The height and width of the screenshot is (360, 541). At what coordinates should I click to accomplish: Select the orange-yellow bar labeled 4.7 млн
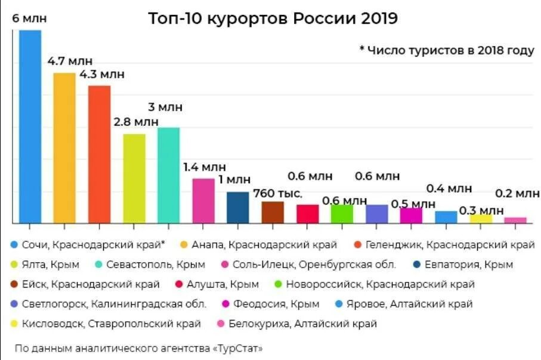[x=64, y=147]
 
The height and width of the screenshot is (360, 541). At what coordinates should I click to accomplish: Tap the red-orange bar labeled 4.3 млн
[x=99, y=154]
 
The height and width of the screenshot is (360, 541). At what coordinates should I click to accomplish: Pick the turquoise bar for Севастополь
[x=168, y=175]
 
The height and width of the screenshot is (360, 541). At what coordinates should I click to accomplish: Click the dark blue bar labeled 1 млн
[x=237, y=207]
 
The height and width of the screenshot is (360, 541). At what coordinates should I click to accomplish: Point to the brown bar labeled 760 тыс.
[x=273, y=212]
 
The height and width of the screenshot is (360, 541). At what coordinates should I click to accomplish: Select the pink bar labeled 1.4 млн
[x=203, y=201]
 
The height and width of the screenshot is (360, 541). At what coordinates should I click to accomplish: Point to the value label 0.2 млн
[x=517, y=193]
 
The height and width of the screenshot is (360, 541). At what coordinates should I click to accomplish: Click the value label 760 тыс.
[x=277, y=194]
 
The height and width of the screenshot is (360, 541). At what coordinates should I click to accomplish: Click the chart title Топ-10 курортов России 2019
[x=273, y=19]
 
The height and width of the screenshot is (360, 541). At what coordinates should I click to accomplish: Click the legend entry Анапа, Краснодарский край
[x=264, y=245]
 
